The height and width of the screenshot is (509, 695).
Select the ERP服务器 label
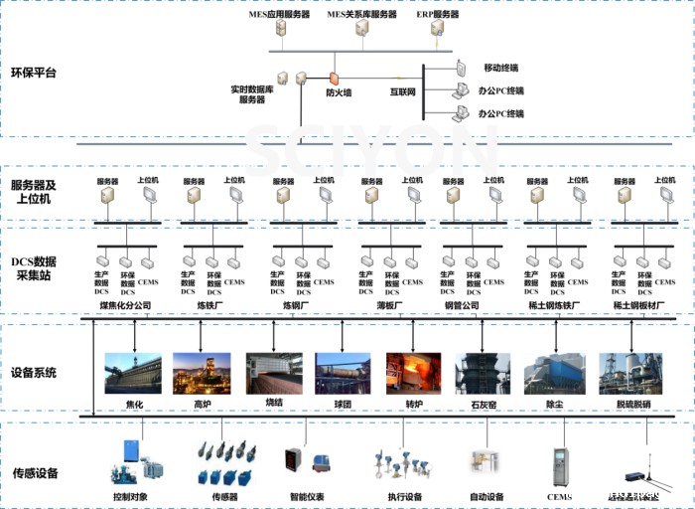coord(437,15)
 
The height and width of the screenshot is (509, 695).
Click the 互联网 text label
coord(402,92)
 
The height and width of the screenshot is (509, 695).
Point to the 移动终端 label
coord(501,68)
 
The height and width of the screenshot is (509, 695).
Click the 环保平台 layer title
coord(34,73)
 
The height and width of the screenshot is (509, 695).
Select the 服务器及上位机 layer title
coord(34,192)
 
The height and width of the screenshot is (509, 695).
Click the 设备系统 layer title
coord(34,373)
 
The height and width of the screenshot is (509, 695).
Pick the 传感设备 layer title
coord(34,472)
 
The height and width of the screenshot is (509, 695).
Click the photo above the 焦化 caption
coord(134,373)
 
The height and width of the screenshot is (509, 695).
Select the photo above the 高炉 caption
coord(202,373)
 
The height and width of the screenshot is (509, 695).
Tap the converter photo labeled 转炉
coord(414,373)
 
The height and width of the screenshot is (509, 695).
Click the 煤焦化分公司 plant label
coord(125,305)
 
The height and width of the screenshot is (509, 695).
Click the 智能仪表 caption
coord(307,496)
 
